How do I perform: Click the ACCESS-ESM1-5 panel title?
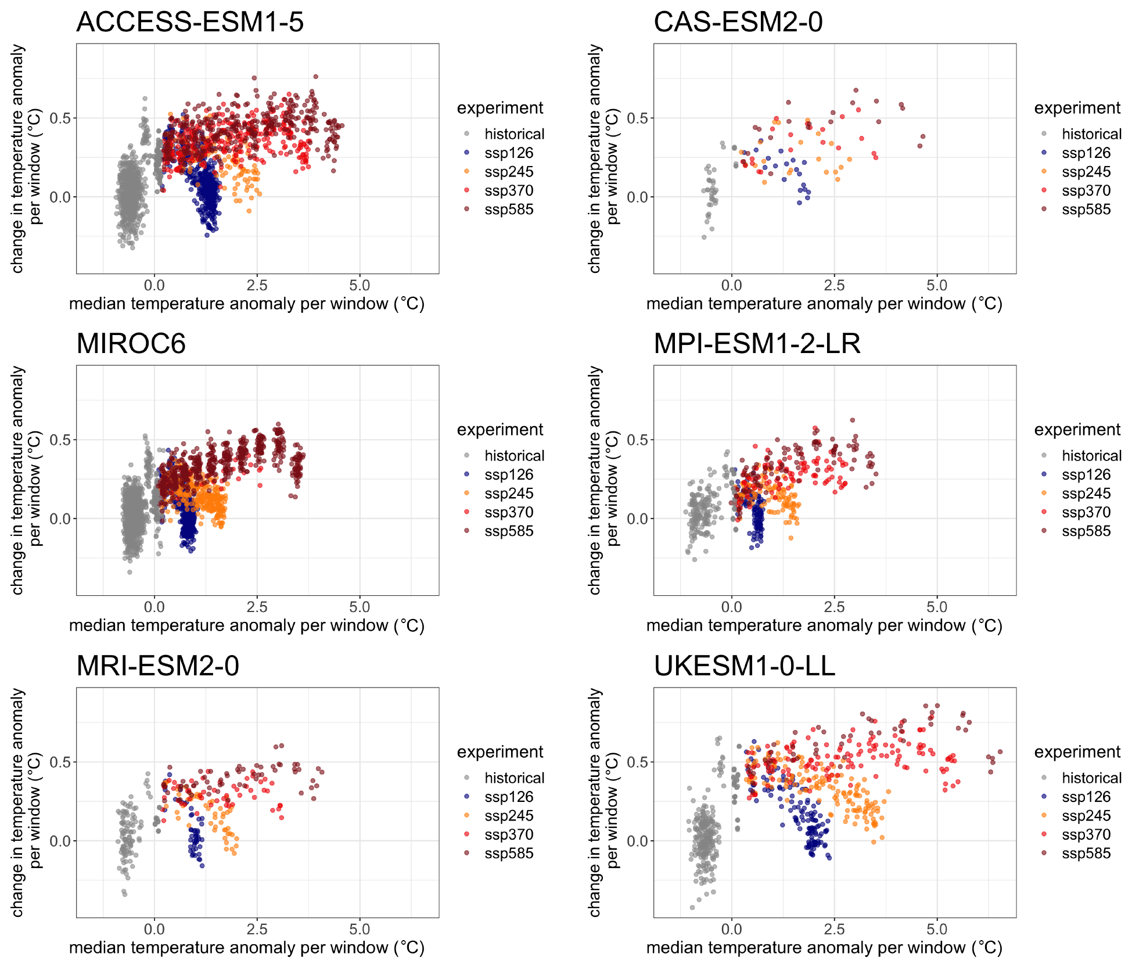(190, 22)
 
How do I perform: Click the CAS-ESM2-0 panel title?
(738, 22)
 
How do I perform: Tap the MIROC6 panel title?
(131, 344)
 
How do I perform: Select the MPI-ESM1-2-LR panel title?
(757, 344)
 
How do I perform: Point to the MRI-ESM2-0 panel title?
(157, 666)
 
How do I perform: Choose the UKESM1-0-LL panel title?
(744, 666)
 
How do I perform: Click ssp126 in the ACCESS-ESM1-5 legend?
(509, 153)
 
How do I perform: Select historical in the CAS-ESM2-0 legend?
(1091, 134)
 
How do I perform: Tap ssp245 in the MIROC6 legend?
(509, 494)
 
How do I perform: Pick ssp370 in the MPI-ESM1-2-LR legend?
(1086, 513)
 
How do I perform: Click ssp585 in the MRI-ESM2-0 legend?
(509, 854)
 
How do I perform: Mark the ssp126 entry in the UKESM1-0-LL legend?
(1086, 797)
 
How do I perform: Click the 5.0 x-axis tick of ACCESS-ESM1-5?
(360, 286)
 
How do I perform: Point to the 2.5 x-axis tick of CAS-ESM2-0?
(834, 286)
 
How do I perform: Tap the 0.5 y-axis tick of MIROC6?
(60, 440)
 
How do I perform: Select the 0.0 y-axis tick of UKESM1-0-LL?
(638, 841)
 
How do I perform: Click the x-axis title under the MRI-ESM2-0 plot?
(247, 948)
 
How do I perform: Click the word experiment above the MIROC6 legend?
(499, 430)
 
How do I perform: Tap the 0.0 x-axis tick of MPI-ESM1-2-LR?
(731, 607)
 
